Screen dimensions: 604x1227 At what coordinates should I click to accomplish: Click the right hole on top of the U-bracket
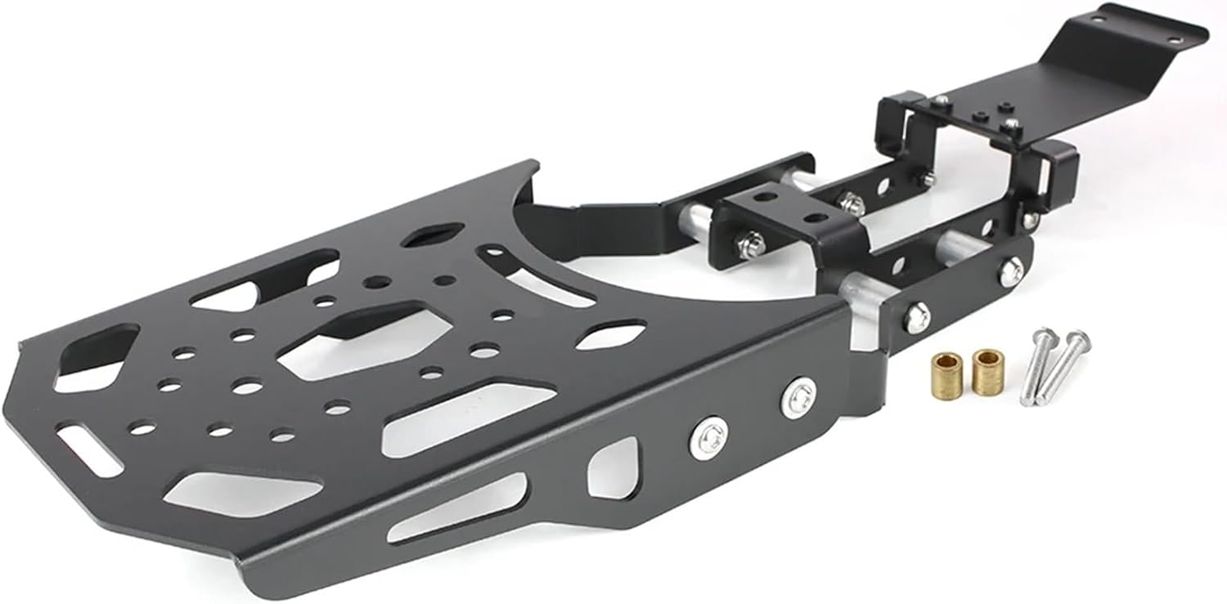pyautogui.click(x=812, y=218)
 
